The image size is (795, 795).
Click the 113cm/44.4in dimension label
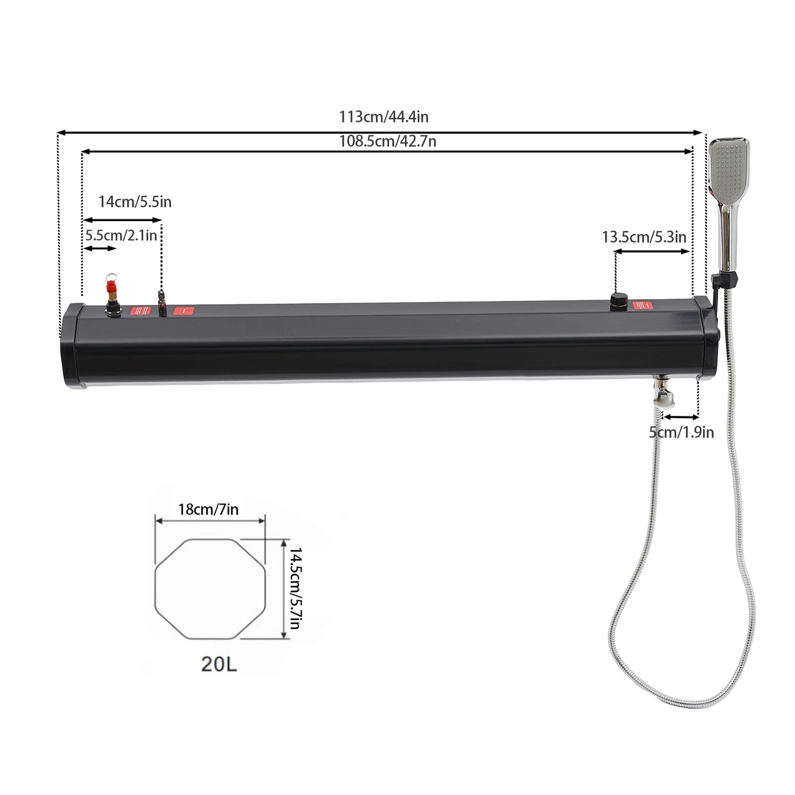(383, 117)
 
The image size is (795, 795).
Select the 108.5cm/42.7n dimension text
(387, 141)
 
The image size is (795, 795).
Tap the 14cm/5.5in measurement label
(135, 202)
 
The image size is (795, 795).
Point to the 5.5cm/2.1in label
(121, 235)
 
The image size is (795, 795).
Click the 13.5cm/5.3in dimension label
(644, 237)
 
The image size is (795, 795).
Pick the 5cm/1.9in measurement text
(681, 432)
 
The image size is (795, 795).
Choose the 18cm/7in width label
(208, 509)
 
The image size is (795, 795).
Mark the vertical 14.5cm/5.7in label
(296, 588)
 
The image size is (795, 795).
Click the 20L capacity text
(218, 664)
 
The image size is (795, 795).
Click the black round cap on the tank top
(618, 300)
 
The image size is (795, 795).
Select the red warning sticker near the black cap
(645, 305)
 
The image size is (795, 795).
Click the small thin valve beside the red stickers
(162, 301)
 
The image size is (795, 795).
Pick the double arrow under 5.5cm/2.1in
(100, 249)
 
